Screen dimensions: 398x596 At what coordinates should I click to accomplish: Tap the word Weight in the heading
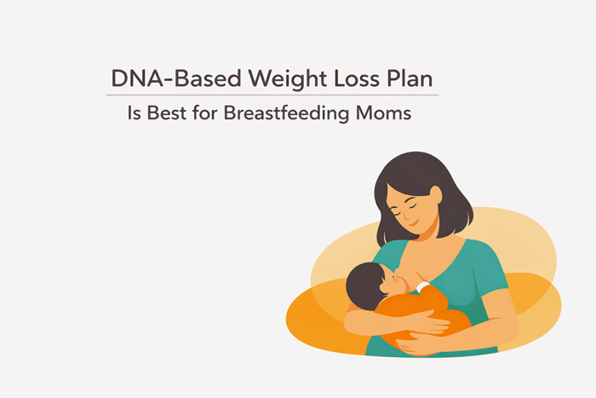[x=254, y=79]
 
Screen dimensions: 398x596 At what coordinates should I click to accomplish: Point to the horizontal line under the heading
[x=272, y=95]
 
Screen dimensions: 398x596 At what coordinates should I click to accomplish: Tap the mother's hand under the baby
[x=426, y=345]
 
